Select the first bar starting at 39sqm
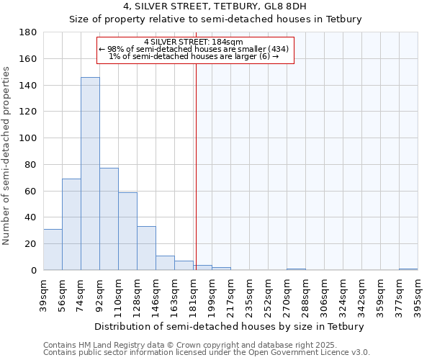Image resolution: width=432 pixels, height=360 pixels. coord(53,249)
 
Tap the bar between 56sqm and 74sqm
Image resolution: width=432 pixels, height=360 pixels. coord(71,224)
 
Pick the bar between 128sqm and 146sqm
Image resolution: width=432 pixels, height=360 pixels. coord(146,248)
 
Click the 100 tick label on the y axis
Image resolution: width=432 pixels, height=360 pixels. coord(28,138)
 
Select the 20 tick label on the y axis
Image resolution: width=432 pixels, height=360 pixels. coord(31,244)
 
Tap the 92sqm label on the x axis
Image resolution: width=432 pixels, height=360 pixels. coord(100,293)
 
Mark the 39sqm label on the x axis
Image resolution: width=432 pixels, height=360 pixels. coord(44,293)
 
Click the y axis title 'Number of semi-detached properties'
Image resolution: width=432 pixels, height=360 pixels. coord(7,156)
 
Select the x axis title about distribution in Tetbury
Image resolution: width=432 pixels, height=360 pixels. coord(229,327)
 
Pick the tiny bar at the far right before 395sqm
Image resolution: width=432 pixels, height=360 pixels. coord(408,269)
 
